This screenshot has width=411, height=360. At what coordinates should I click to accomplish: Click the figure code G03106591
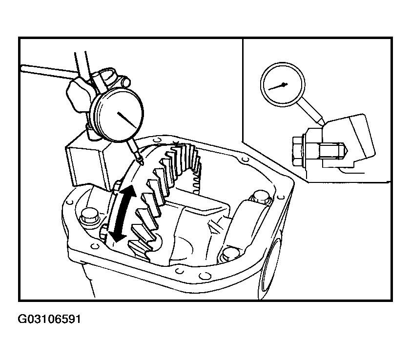(x=49, y=319)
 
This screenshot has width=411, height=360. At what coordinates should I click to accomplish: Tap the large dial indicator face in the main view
(x=119, y=115)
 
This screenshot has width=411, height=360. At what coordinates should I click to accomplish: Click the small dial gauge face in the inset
(x=283, y=84)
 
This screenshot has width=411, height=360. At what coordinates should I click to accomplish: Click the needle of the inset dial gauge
(x=278, y=86)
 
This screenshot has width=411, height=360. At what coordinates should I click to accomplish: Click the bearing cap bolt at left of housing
(x=89, y=217)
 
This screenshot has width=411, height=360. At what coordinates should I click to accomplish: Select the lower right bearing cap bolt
(x=231, y=254)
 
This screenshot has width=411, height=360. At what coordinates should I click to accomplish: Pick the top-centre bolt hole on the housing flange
(x=157, y=140)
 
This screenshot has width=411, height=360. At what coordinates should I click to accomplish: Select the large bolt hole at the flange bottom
(x=205, y=276)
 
